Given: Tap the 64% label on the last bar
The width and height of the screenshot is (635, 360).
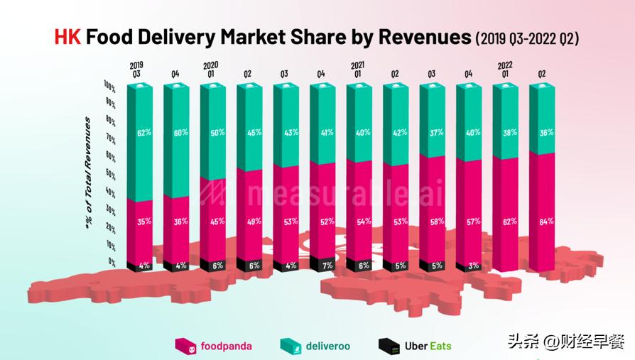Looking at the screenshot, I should click(x=546, y=221).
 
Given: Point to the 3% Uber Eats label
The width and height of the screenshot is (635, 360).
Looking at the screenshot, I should click(x=472, y=266).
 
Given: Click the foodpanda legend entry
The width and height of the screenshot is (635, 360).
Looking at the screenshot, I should click(x=212, y=347).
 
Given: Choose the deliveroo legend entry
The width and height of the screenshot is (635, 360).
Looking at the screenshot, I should click(x=316, y=347).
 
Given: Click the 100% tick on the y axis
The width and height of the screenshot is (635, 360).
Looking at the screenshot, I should click(x=109, y=84).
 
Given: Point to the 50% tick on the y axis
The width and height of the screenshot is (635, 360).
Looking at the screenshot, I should click(x=111, y=173).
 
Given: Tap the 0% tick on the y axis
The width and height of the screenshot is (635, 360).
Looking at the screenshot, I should click(x=112, y=261).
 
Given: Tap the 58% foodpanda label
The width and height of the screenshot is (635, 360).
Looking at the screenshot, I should click(x=436, y=221).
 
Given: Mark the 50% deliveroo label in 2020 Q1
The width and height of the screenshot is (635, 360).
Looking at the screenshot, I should click(x=217, y=132).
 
